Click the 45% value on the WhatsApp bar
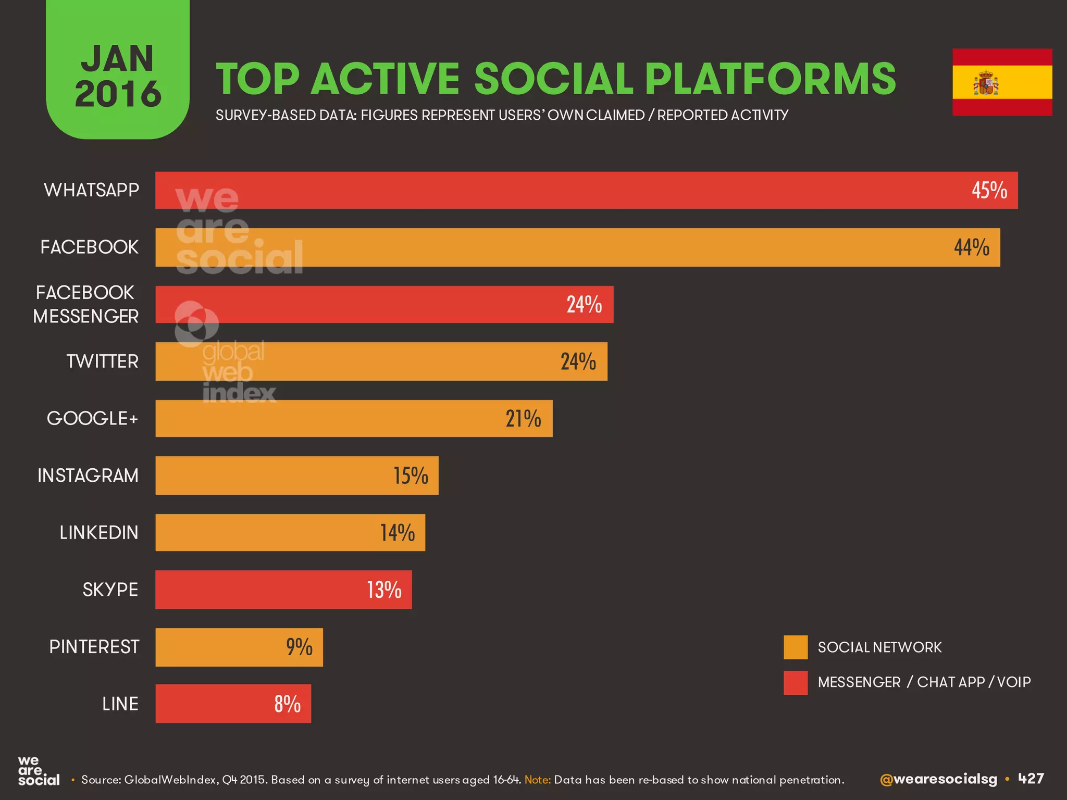989,190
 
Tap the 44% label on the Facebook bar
971,247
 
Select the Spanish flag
1002,82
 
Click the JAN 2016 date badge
118,76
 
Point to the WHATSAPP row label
91,190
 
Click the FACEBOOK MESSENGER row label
86,304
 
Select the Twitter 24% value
578,361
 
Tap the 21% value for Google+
523,418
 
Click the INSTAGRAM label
88,476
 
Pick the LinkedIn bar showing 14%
290,532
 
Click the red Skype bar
283,590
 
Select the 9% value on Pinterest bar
299,647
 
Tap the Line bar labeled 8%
233,704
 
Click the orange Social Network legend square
795,647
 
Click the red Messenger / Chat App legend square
795,682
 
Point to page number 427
1031,779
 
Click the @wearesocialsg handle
938,779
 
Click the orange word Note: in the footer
538,780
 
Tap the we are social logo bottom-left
38,771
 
